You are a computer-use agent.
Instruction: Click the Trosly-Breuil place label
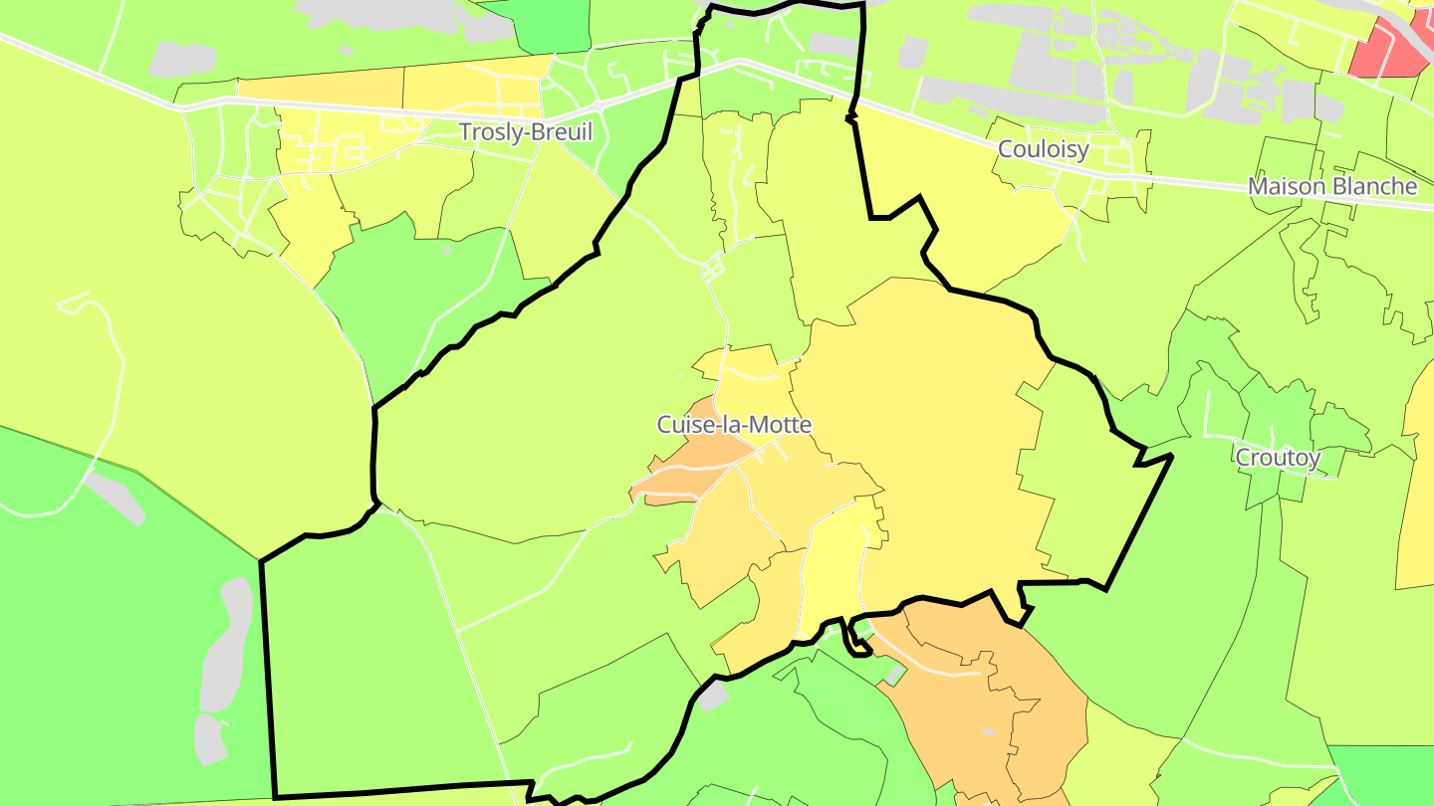(x=525, y=132)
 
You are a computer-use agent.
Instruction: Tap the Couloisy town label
(x=1043, y=149)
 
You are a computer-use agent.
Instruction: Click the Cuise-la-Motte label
(x=734, y=425)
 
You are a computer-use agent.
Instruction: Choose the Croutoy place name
(x=1278, y=458)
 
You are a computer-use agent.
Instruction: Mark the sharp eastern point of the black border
(x=1171, y=456)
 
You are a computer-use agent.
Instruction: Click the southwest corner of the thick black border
(x=275, y=796)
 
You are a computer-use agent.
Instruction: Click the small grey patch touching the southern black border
(x=712, y=697)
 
